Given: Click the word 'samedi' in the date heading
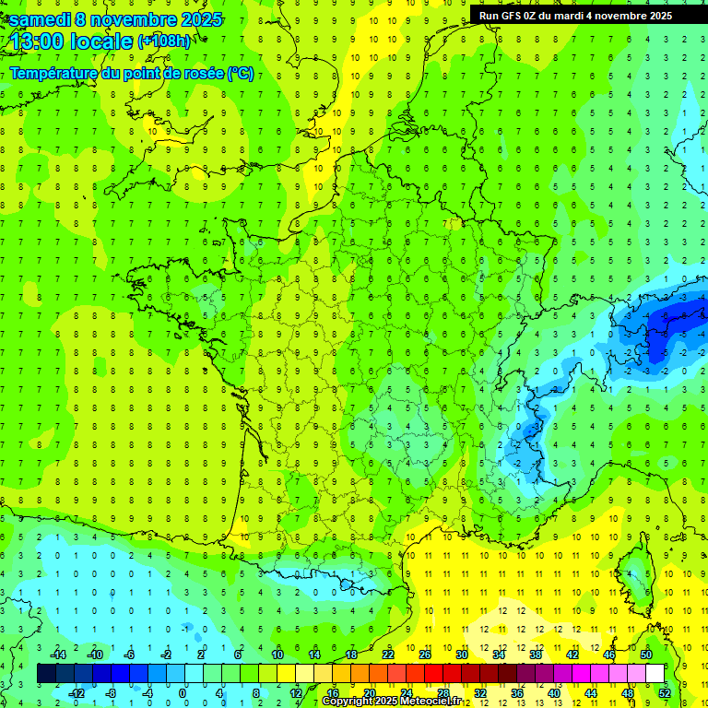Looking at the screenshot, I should tap(40, 18).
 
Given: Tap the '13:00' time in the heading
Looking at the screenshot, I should tap(34, 41).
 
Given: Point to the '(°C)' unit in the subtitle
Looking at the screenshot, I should tap(240, 74).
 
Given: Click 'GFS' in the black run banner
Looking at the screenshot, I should tap(516, 16).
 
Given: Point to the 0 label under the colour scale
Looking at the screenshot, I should tap(183, 693).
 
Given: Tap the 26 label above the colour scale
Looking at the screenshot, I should tap(425, 655).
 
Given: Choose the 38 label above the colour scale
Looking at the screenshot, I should tap(536, 655).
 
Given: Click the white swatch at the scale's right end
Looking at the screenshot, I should tap(655, 674).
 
